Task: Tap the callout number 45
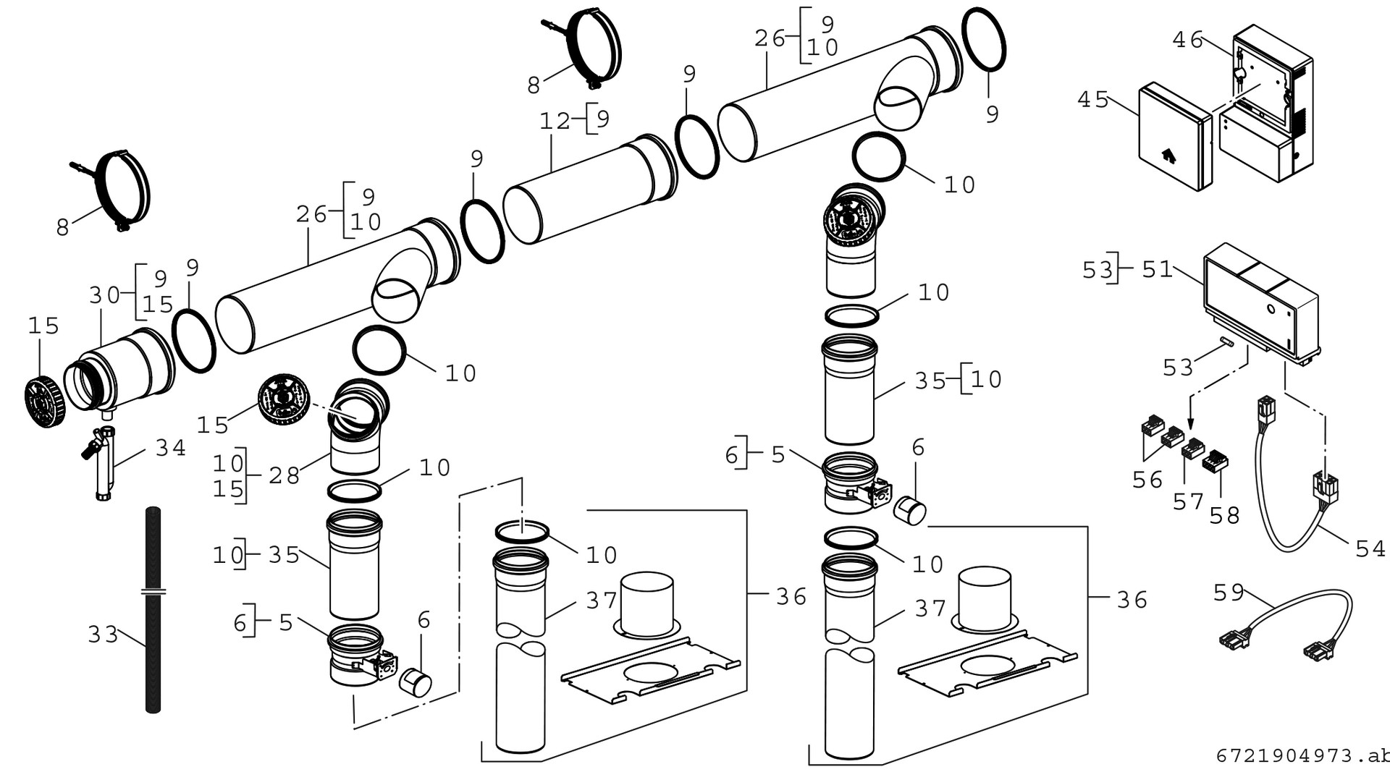pos(1092,99)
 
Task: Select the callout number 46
pos(1187,40)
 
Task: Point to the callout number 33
pos(103,635)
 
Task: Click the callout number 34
pos(171,449)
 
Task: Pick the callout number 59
pos(1229,593)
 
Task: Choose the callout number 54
pos(1370,548)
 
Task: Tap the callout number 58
pos(1224,515)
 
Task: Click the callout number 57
pos(1188,501)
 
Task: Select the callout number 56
pos(1147,480)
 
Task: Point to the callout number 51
pos(1157,270)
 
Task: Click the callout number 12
pos(555,121)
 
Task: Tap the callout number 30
pos(104,294)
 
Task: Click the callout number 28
pos(284,475)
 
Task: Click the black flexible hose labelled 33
pos(153,550)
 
